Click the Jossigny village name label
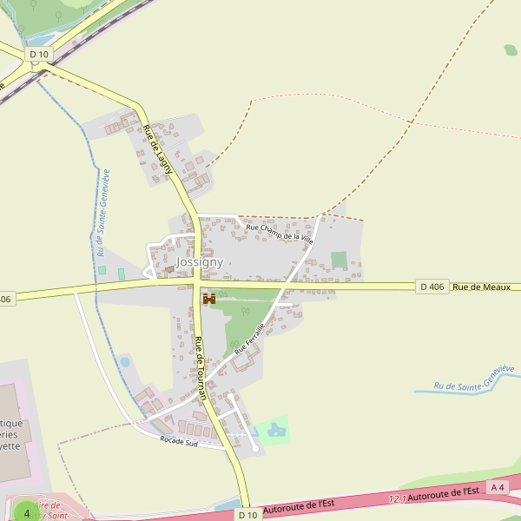pyautogui.click(x=200, y=261)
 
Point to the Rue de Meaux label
pyautogui.click(x=481, y=287)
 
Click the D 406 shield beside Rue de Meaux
pyautogui.click(x=432, y=287)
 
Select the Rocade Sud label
pyautogui.click(x=180, y=442)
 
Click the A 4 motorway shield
pyautogui.click(x=498, y=487)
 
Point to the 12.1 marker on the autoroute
pyautogui.click(x=398, y=498)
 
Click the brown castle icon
pyautogui.click(x=208, y=299)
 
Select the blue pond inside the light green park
pyautogui.click(x=276, y=429)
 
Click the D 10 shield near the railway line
pyautogui.click(x=39, y=54)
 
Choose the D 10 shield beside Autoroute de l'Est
pyautogui.click(x=247, y=515)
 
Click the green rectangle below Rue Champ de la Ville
pyautogui.click(x=339, y=260)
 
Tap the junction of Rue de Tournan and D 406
pyautogui.click(x=198, y=284)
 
